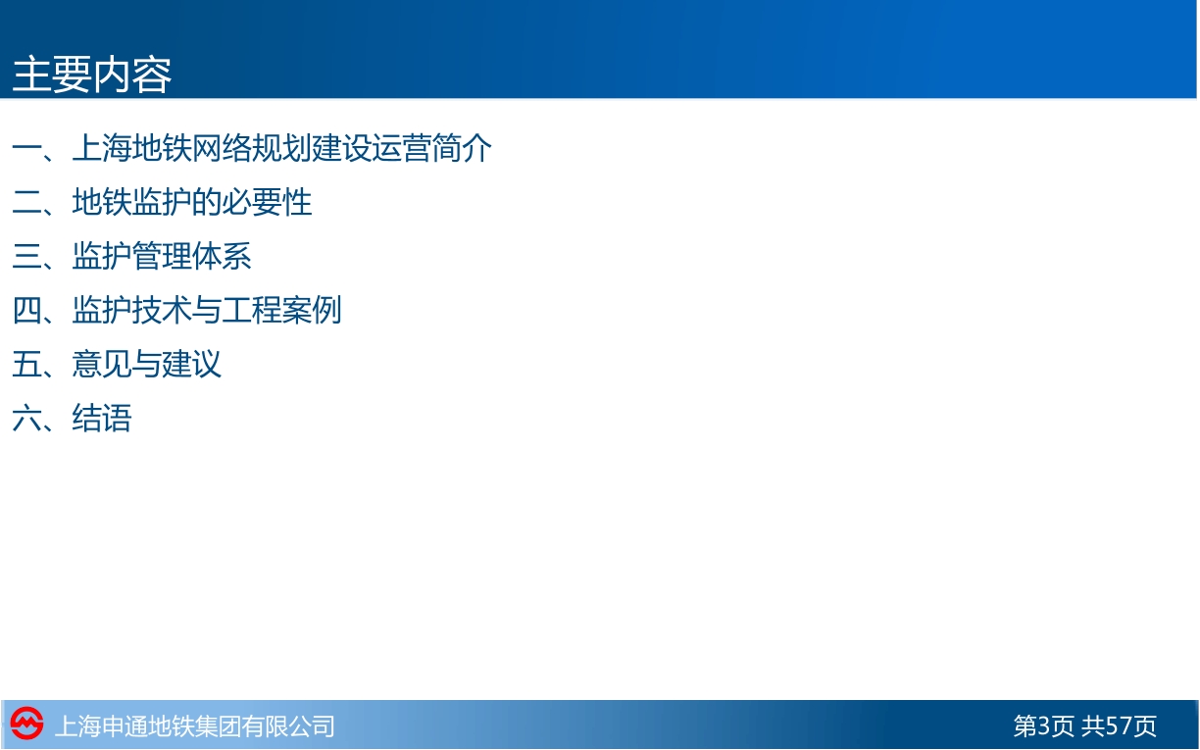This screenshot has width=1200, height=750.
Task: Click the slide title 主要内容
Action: pos(91,75)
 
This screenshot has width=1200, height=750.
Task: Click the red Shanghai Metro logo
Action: pos(26,724)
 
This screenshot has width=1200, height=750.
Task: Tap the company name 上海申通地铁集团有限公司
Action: pos(194,726)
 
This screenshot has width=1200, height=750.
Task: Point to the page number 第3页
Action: pos(1043,726)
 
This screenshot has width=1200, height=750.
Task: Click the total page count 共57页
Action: pos(1119,726)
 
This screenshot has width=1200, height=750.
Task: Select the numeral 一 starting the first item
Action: pos(26,148)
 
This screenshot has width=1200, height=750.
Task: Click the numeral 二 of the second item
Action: pos(26,203)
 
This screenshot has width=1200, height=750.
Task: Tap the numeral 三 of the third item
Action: pos(26,256)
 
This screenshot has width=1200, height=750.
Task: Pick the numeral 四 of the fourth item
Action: pos(26,310)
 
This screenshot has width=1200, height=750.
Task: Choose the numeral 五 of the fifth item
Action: pos(26,365)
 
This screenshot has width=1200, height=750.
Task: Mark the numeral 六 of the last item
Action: pos(26,418)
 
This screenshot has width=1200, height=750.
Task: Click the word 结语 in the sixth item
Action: pos(102,418)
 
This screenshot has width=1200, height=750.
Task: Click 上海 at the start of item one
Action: pos(102,148)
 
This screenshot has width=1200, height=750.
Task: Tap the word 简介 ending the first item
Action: pos(462,148)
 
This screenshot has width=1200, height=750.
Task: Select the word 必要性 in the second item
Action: pos(267,203)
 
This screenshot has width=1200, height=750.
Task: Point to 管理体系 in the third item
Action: pos(192,256)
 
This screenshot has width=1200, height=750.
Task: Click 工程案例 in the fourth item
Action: pos(281,310)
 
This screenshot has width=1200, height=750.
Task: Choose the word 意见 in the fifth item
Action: pos(102,365)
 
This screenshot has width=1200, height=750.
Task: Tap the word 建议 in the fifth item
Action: pos(192,365)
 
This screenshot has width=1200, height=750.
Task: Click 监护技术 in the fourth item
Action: pos(131,310)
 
